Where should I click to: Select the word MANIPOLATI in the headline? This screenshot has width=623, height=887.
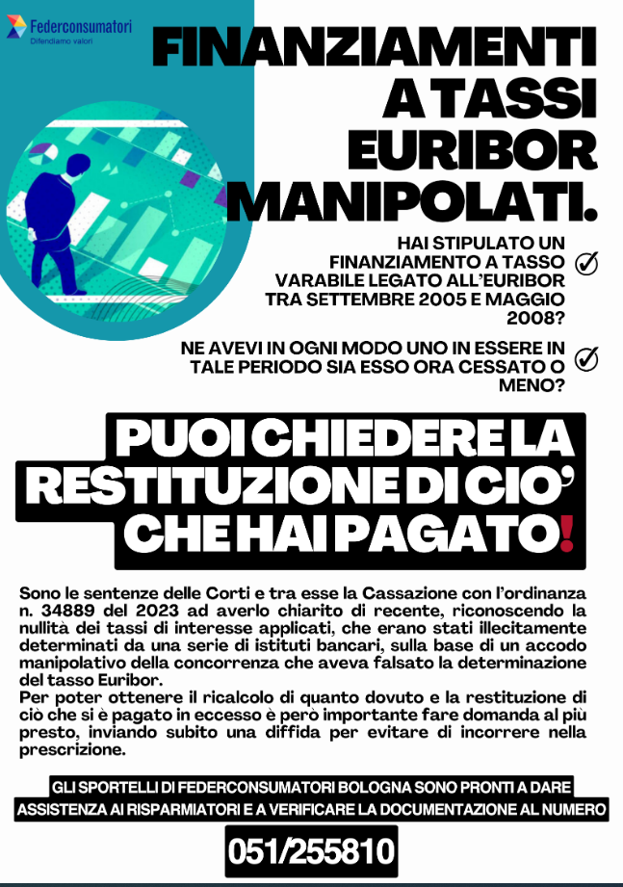point(409,200)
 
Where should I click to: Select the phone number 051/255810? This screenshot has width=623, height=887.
point(312,850)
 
